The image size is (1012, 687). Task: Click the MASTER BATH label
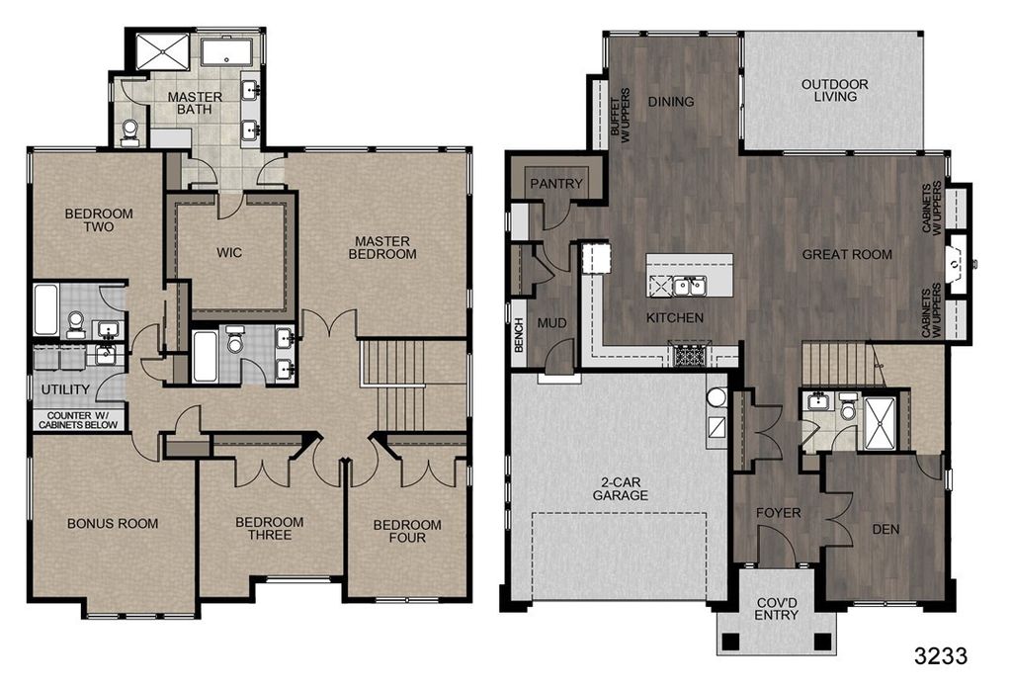195,104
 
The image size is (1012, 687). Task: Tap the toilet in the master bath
129,129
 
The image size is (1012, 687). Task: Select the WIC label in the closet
229,252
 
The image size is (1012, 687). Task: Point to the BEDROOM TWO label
99,220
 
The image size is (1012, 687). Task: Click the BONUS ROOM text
113,524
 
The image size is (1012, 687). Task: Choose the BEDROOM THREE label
269,528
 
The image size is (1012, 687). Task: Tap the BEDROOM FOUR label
407,531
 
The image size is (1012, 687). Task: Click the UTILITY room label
65,389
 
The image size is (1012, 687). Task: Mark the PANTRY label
556,184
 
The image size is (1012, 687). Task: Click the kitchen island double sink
689,286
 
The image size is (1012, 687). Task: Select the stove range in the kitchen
689,356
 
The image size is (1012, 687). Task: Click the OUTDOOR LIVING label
834,90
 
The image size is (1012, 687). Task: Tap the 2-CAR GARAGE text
621,488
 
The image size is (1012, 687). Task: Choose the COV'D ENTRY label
777,609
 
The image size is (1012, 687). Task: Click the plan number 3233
941,656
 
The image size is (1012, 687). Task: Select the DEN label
885,530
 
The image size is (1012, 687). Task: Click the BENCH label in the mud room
519,336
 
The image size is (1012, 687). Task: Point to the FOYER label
779,513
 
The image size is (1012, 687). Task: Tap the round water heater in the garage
717,397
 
